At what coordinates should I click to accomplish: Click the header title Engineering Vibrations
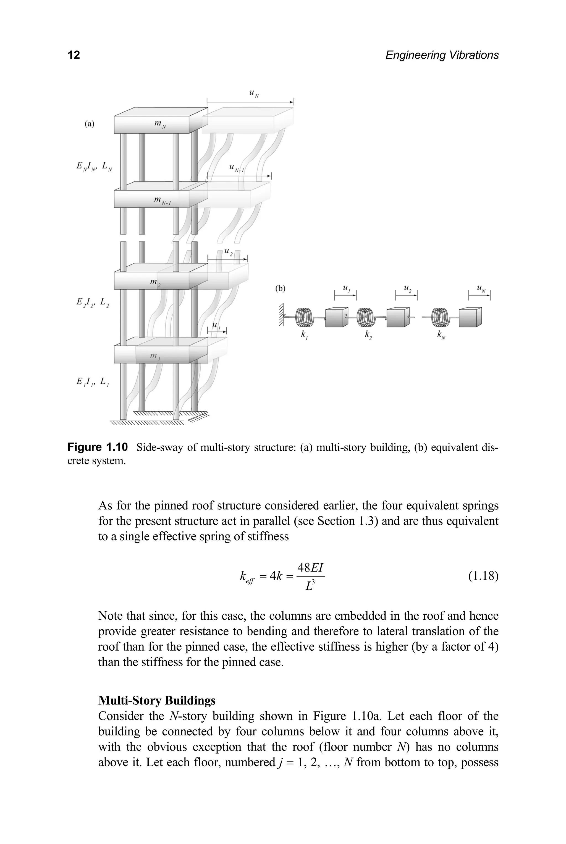point(442,55)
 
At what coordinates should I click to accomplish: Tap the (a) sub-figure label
point(89,124)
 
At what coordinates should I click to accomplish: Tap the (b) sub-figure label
point(280,288)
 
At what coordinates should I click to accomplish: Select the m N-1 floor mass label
point(162,201)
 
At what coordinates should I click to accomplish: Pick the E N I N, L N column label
point(94,167)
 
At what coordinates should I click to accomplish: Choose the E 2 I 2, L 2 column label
point(93,303)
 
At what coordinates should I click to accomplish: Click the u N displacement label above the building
point(254,94)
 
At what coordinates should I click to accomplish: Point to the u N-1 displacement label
point(237,168)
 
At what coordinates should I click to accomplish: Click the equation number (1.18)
point(483,576)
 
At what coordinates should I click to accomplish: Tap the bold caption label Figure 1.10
point(98,447)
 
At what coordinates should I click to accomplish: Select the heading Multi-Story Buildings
point(157,700)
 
